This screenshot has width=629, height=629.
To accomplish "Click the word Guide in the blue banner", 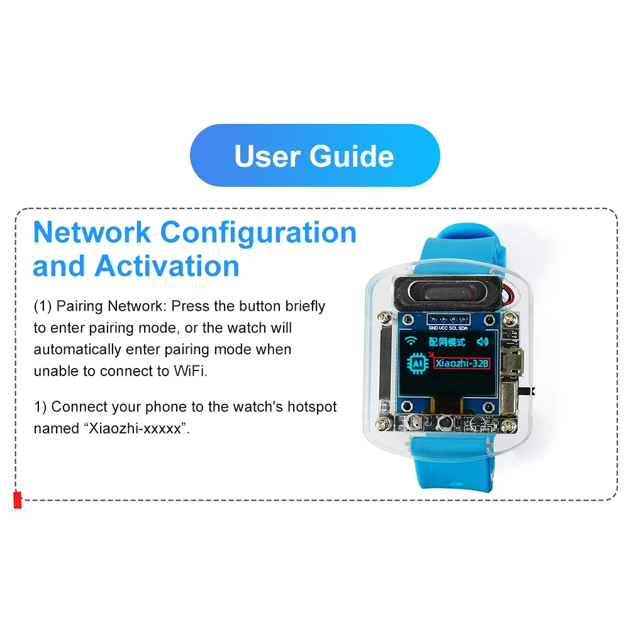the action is click(x=352, y=156).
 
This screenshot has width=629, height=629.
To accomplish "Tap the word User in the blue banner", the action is click(x=267, y=156).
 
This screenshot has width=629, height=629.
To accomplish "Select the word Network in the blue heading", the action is click(x=92, y=232).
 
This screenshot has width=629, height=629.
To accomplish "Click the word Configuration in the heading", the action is click(x=259, y=233).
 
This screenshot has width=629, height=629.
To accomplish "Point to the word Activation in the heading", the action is click(x=167, y=266).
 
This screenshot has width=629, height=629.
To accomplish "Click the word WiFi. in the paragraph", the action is click(x=191, y=371).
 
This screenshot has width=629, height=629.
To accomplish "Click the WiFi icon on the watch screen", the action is click(x=410, y=341).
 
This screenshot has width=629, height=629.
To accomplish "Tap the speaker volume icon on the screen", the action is click(x=482, y=342).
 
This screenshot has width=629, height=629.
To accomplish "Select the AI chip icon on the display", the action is click(x=418, y=364).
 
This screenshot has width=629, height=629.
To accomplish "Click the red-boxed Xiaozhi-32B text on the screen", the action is click(x=462, y=363).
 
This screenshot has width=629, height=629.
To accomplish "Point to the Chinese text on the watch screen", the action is click(x=447, y=342).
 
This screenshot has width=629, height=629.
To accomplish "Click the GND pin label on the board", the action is click(x=433, y=328).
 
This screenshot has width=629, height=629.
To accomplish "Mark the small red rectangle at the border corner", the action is click(x=17, y=500).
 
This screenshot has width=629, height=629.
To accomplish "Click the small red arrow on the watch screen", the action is click(x=431, y=354).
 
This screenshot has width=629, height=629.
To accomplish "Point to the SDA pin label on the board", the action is click(x=462, y=328).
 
